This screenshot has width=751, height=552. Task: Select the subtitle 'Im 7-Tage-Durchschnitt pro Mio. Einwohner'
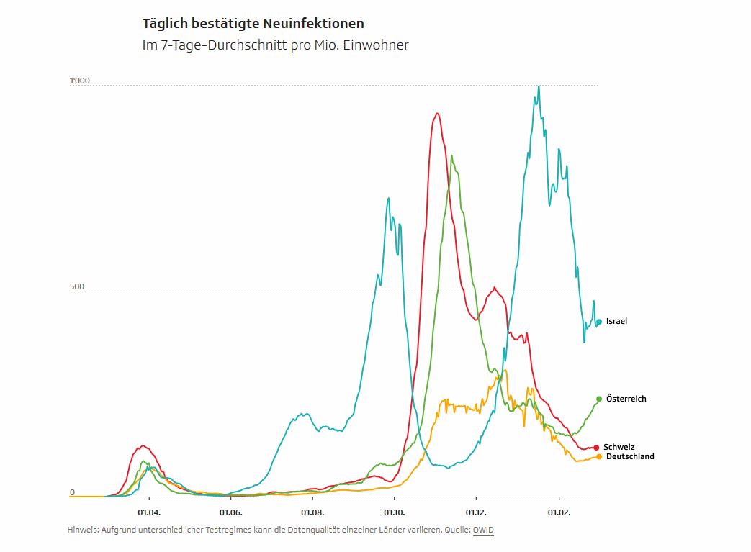pos(275,45)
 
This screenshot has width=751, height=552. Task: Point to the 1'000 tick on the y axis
pos(79,81)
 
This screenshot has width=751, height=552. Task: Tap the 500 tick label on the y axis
pos(77,286)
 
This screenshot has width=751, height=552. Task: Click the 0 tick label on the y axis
pos(72,492)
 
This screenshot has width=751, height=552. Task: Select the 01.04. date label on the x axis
pos(148,512)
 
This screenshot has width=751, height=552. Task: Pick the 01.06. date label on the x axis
pos(230,512)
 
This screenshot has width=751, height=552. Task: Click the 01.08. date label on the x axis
pos(312,512)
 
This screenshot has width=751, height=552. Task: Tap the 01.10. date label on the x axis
pos(395,512)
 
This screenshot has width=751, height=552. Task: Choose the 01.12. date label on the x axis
pos(477,512)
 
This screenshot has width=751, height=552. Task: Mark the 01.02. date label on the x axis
pos(559,512)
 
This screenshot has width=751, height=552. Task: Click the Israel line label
pos(616,321)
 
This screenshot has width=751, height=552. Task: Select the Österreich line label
pos(626,399)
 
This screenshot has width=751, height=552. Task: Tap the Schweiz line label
pos(619,447)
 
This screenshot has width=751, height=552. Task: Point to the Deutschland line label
pos(630,456)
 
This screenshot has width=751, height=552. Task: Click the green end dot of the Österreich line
pos(598,399)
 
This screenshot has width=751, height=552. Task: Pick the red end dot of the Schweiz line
pos(596,447)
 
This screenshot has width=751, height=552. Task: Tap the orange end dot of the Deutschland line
pos(598,456)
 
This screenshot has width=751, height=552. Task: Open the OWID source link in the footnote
pos(483,530)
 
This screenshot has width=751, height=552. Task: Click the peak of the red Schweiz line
pos(436,113)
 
